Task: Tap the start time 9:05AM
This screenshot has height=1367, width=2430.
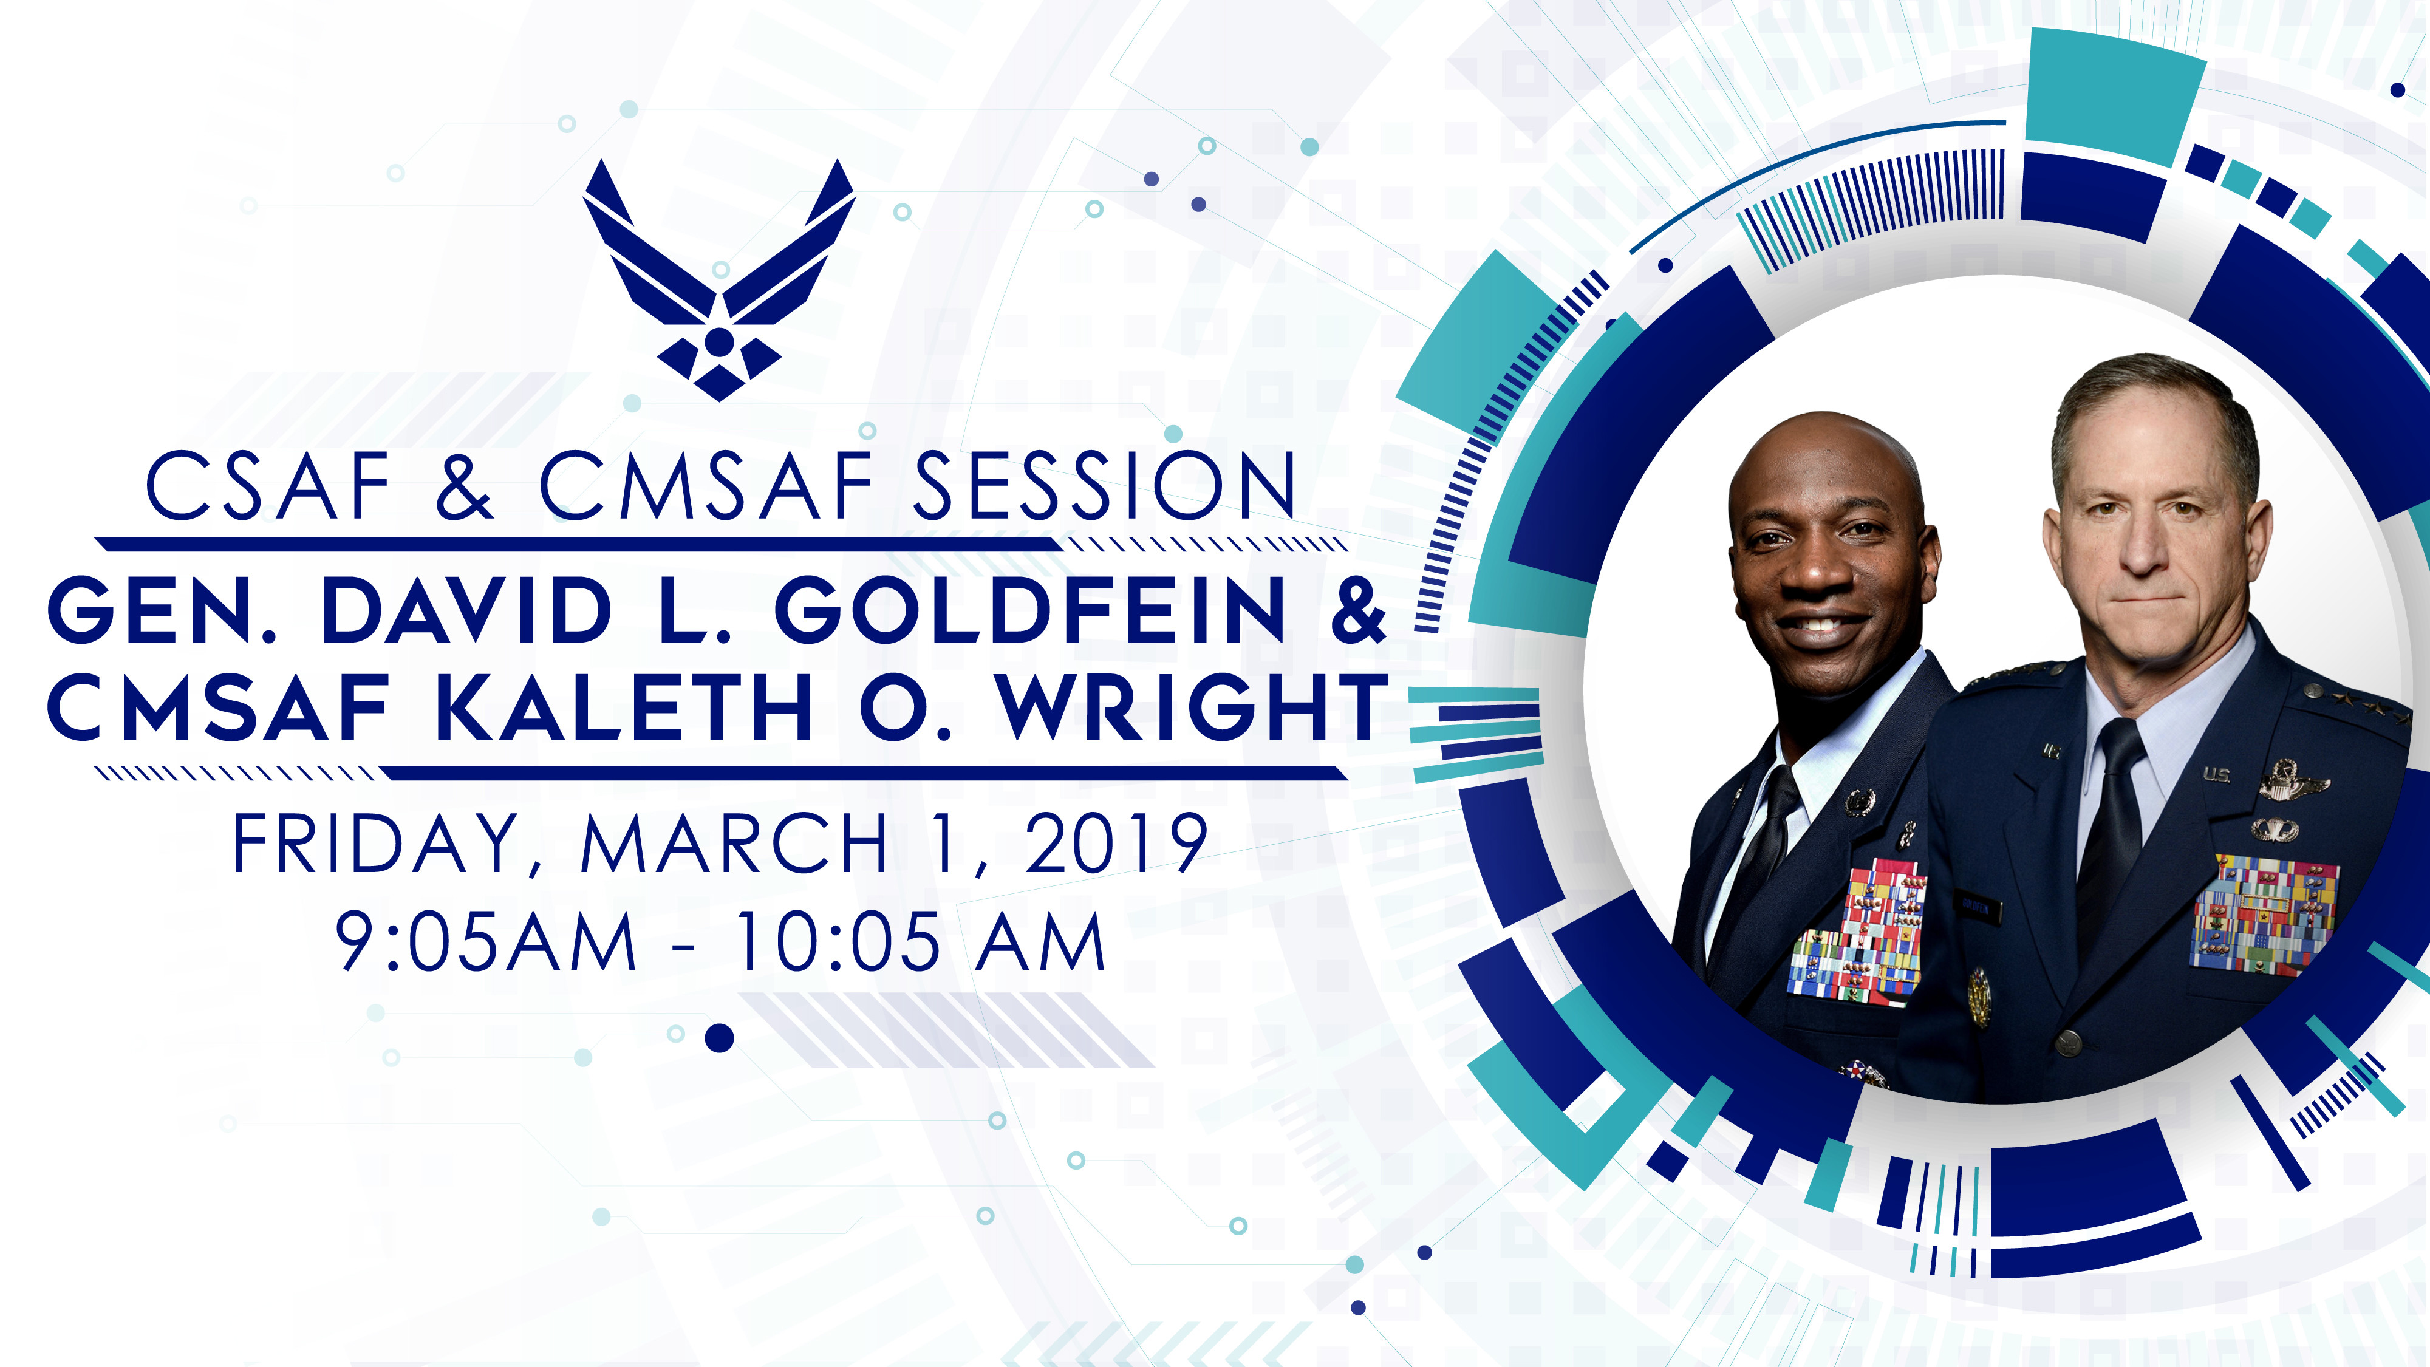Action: [x=486, y=941]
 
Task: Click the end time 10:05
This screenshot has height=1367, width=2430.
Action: [x=838, y=941]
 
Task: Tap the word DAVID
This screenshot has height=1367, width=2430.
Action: [x=467, y=612]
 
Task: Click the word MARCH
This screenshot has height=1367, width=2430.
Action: [x=734, y=844]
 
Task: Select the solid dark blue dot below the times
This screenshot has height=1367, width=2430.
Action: [x=720, y=1038]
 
